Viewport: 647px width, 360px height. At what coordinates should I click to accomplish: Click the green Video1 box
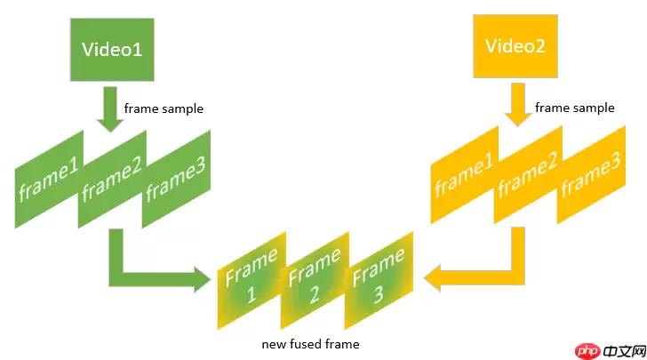click(112, 49)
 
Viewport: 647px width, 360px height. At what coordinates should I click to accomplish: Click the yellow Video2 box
click(515, 46)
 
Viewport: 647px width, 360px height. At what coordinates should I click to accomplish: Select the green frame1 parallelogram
click(49, 180)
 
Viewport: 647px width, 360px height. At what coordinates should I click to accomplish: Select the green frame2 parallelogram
click(113, 178)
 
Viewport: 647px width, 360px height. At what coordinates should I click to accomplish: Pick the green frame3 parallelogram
click(175, 178)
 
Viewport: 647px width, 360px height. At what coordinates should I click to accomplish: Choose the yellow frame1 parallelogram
click(463, 174)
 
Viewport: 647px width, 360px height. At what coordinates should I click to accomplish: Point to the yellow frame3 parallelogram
click(589, 175)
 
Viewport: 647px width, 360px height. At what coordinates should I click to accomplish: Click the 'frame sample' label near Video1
click(164, 109)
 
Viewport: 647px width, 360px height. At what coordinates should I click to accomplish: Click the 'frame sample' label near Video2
click(574, 108)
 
